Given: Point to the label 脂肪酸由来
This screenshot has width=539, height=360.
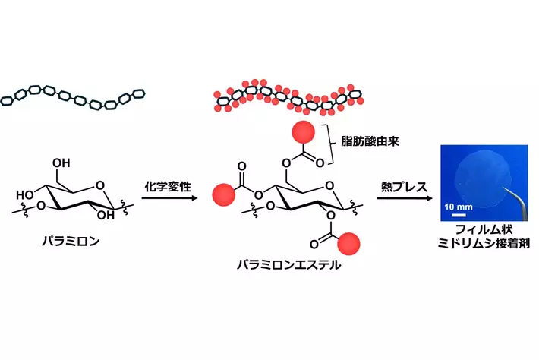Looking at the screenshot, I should click(373, 141).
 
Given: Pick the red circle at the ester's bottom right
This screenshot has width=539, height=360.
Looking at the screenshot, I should click(348, 244).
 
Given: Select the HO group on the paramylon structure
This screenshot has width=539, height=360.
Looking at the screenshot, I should click(24, 194).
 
